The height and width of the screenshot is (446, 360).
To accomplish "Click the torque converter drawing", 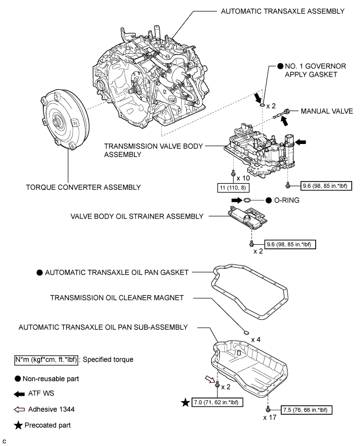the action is tap(65, 119).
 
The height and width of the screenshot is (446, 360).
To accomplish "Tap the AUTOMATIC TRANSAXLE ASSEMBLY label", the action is tap(283, 11).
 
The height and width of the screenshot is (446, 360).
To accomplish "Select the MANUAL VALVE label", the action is tap(327, 111).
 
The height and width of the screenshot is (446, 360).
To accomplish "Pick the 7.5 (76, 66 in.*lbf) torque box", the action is tap(306, 410).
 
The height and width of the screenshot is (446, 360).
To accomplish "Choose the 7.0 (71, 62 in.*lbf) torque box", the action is tap(218, 402).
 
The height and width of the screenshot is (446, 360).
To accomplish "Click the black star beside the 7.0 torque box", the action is tap(186, 402).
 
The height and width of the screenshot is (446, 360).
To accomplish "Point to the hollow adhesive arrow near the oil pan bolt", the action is tap(210, 379).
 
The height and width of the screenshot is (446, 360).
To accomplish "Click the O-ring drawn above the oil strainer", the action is tap(247, 200).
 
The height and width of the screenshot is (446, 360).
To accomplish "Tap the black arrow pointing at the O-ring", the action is tap(236, 200).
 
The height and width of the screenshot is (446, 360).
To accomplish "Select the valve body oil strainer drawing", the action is tap(247, 218).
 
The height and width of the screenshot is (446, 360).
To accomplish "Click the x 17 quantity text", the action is tap(270, 417).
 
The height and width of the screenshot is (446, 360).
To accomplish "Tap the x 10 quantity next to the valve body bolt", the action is tap(243, 178).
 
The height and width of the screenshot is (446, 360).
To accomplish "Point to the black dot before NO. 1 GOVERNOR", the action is tap(280, 66).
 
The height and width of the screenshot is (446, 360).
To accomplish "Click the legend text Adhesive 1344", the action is tap(51, 409).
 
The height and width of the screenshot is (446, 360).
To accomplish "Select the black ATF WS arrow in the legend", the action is tap(19, 394).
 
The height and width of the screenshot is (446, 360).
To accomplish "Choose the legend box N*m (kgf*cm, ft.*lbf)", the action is tap(46, 360).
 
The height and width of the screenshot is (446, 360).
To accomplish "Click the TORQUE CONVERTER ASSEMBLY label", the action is tap(83, 187).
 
